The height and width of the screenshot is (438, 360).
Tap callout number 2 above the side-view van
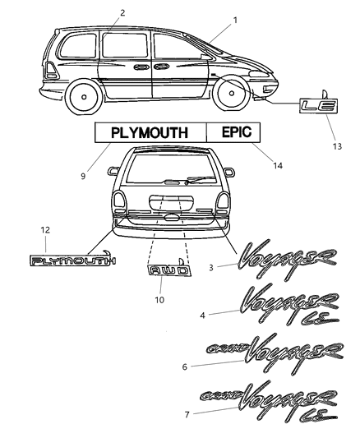point(122,12)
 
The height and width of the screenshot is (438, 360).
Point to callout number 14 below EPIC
point(278,165)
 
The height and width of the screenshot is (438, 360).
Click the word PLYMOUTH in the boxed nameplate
point(148,131)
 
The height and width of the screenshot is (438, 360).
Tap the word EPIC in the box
point(233,131)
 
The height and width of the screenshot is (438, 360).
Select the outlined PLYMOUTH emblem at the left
point(73,261)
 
